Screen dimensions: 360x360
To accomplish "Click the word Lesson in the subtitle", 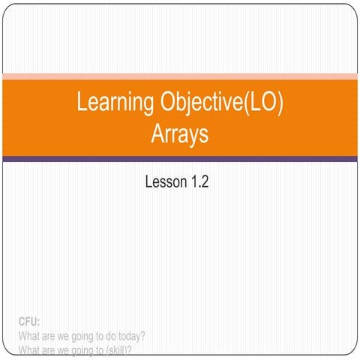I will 162,181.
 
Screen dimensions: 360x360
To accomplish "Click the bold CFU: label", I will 28,322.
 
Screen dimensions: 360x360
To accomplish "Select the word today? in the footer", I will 127,336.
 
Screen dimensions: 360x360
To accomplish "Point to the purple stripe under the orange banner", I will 180,159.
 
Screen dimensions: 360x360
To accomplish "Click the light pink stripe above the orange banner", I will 180,75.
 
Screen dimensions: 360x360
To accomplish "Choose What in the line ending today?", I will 28,336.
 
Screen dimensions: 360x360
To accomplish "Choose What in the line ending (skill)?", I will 28,349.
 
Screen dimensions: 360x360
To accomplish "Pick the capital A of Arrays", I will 157,135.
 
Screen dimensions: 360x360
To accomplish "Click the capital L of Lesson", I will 148,181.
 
